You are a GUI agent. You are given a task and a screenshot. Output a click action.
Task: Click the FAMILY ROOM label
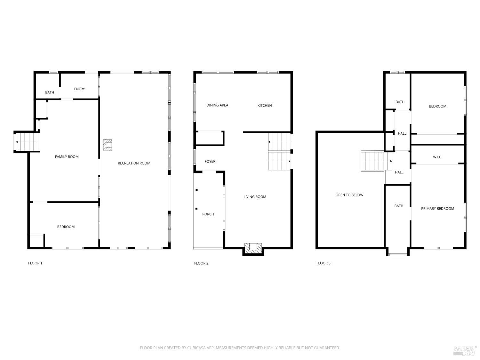(67, 156)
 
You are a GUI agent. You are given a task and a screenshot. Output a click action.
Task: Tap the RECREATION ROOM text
(134, 163)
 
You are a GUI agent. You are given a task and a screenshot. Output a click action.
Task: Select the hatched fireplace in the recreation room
(108, 145)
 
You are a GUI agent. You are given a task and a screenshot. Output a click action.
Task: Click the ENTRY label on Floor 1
(79, 89)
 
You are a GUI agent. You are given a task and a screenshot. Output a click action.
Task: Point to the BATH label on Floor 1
(50, 92)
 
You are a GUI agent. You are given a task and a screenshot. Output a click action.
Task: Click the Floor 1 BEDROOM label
(66, 227)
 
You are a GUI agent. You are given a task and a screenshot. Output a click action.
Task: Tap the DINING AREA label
(217, 105)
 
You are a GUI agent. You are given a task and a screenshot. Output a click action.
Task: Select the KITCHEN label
(265, 105)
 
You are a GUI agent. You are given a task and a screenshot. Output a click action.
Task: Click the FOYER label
(210, 161)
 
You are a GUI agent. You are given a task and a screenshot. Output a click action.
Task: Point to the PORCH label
(208, 214)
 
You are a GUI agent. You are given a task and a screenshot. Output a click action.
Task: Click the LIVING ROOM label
(255, 197)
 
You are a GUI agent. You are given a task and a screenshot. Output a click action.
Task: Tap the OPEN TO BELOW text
(349, 195)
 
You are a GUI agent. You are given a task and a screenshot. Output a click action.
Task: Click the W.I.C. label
(437, 157)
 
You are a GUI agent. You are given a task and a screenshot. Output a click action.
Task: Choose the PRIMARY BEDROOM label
(437, 209)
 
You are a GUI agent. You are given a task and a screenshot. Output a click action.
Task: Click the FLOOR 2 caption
(201, 263)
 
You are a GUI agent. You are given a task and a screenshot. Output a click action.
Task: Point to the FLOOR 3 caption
(323, 263)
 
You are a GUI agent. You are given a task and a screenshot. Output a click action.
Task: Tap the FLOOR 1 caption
(35, 263)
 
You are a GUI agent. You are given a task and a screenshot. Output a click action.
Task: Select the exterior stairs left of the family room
(27, 142)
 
